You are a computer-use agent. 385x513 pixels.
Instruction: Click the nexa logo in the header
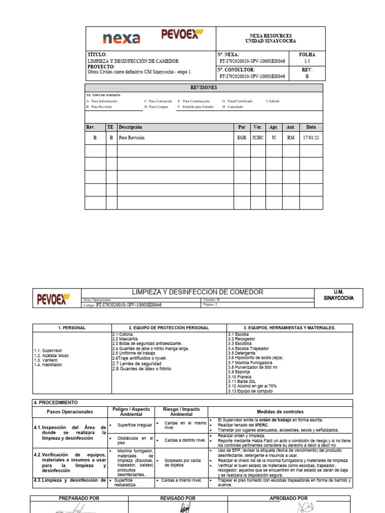[x=121, y=39]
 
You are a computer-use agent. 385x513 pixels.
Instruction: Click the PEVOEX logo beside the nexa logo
[x=182, y=35]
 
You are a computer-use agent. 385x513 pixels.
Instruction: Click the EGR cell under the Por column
[x=242, y=138]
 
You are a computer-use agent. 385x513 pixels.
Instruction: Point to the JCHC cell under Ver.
[x=258, y=138]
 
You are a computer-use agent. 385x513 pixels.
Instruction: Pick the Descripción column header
[x=130, y=127]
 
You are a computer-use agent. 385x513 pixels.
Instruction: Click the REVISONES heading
[x=204, y=87]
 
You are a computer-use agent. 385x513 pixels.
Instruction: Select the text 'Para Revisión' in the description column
[x=131, y=138]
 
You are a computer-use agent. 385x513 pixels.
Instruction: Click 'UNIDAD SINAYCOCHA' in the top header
[x=270, y=41]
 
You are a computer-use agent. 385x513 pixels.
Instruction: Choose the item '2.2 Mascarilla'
[x=125, y=339]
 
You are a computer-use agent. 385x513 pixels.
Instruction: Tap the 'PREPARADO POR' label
[x=79, y=498]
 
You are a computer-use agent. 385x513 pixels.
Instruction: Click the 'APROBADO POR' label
[x=289, y=498]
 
